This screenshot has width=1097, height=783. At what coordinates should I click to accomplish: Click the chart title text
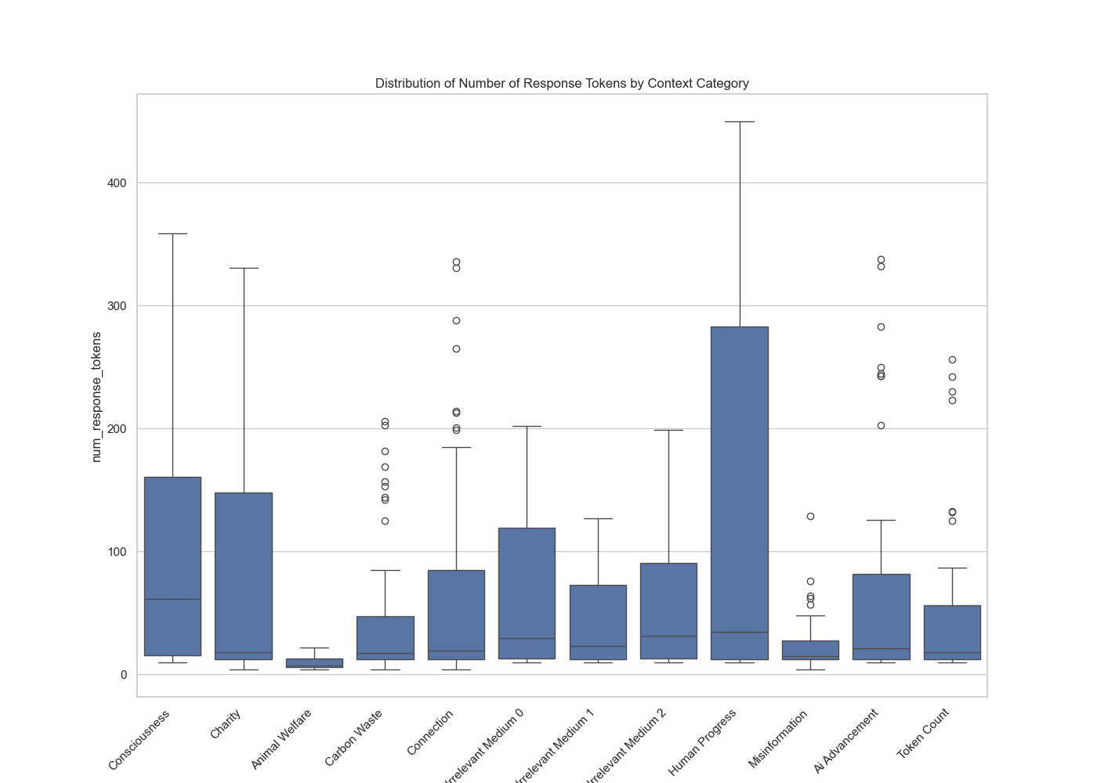click(x=562, y=83)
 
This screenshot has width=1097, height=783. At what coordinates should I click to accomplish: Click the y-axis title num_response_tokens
click(x=96, y=397)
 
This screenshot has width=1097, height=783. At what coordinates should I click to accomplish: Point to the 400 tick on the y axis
click(x=118, y=183)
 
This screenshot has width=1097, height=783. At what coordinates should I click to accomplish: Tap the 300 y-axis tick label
click(x=118, y=306)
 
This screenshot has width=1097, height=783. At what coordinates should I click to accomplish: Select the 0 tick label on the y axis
click(x=123, y=675)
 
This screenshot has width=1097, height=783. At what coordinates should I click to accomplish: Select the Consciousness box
click(x=172, y=548)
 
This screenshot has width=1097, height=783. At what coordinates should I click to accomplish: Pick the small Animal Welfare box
click(x=314, y=662)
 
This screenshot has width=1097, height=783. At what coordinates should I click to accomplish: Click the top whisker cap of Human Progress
click(x=739, y=122)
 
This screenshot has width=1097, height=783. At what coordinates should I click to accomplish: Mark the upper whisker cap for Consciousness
click(x=172, y=234)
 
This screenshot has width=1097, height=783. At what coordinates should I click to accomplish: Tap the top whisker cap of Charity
click(x=244, y=269)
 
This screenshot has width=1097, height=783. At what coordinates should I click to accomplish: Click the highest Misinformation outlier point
click(x=810, y=517)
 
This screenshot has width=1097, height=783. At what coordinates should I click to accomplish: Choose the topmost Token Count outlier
click(x=952, y=360)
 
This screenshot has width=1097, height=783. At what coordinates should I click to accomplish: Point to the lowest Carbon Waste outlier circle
click(x=385, y=521)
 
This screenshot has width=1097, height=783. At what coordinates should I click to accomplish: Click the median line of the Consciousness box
click(x=172, y=600)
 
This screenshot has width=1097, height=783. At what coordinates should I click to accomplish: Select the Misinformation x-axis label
click(x=777, y=739)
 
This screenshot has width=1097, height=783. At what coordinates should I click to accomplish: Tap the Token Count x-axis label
click(x=924, y=734)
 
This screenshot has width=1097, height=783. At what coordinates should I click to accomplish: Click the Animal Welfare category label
click(x=282, y=739)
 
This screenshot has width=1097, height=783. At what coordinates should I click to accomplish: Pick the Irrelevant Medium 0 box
click(x=527, y=587)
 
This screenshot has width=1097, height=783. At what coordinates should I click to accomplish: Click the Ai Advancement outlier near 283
click(x=881, y=327)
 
